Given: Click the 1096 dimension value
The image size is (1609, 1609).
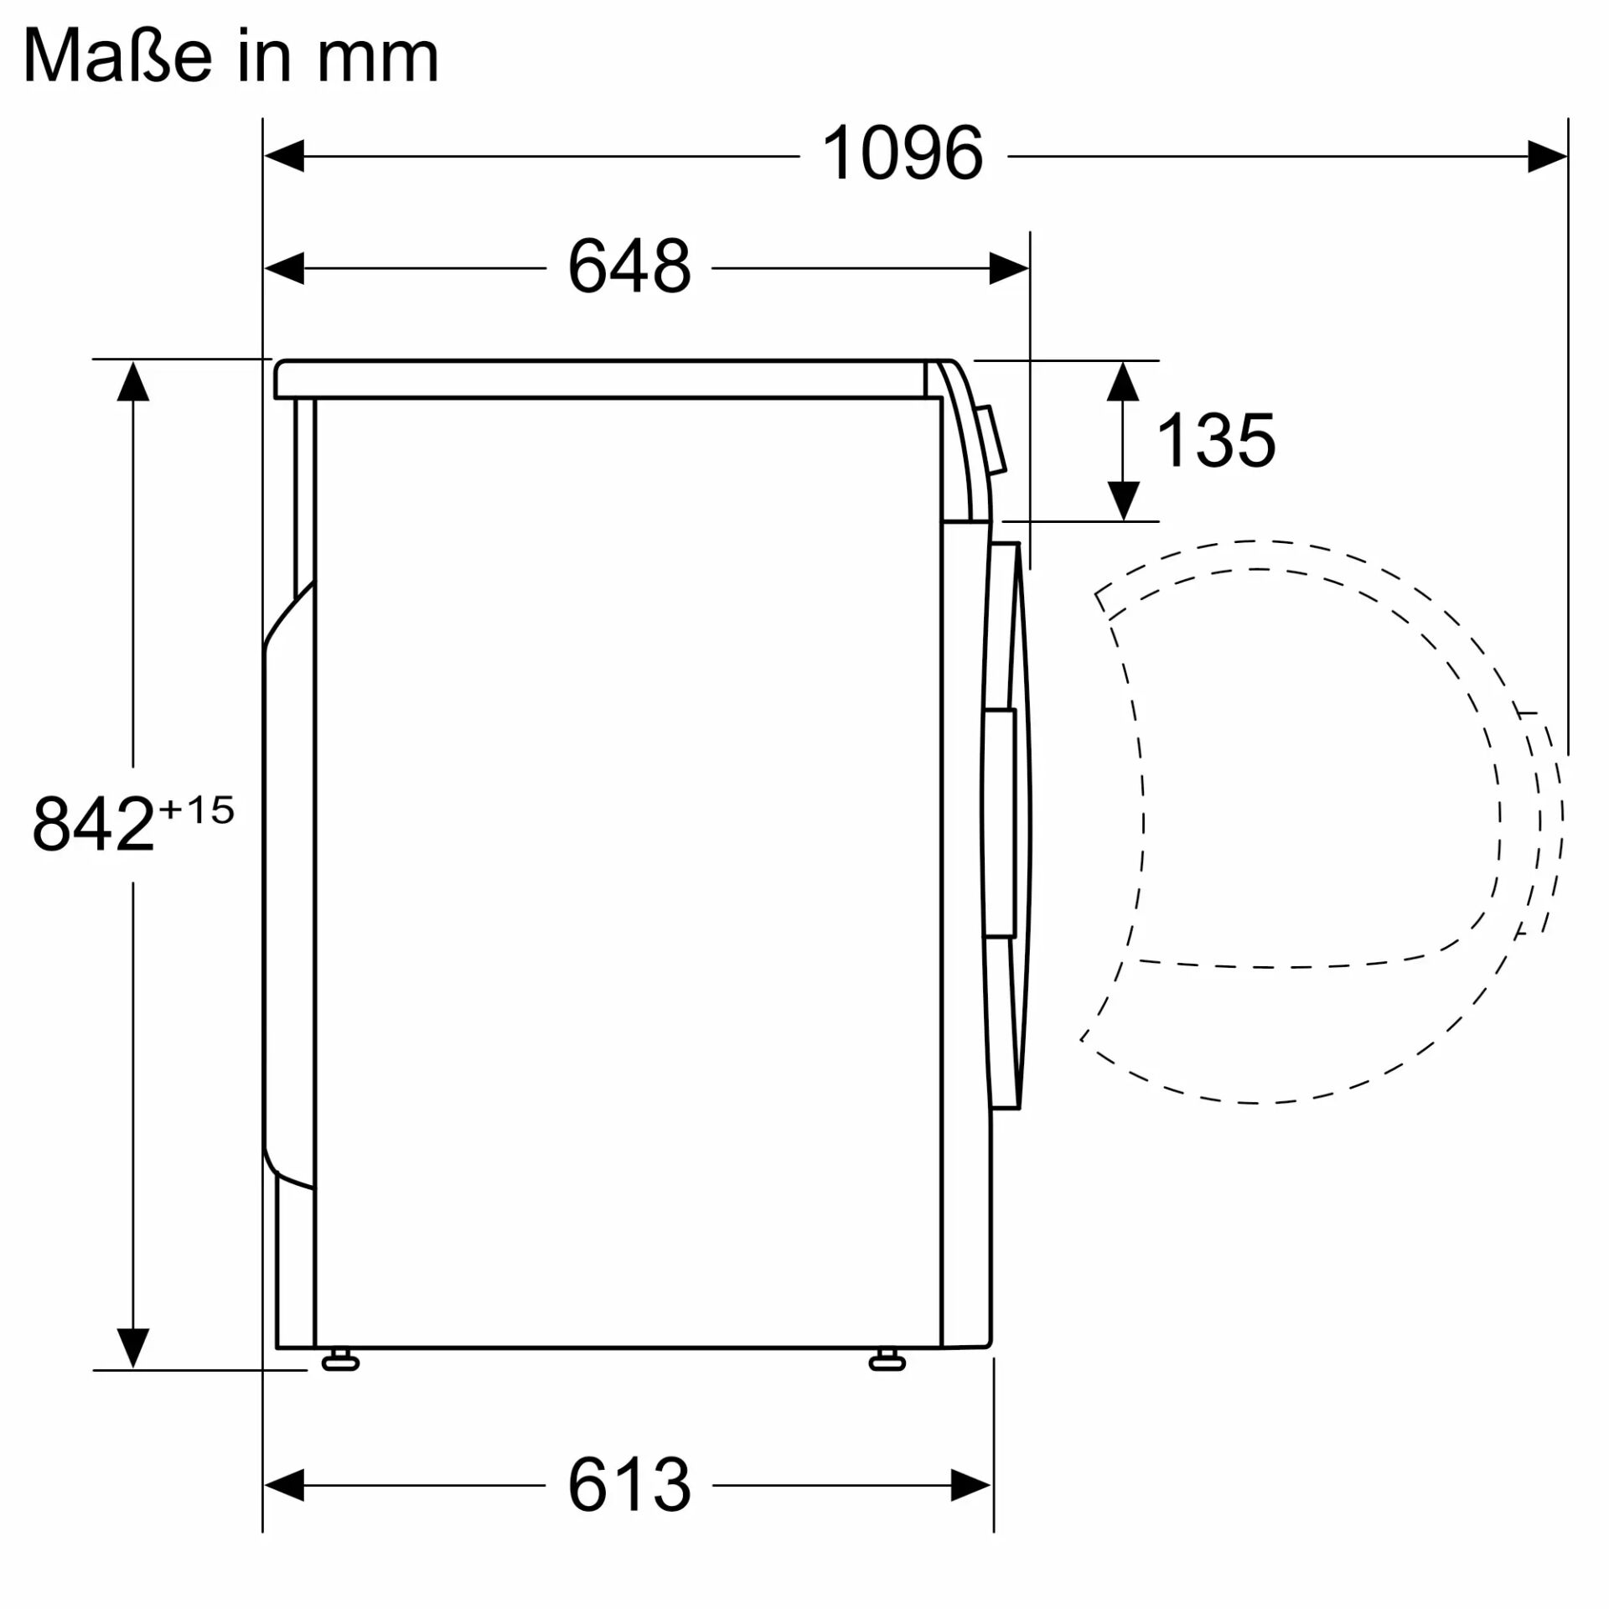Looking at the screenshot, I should pos(903,153).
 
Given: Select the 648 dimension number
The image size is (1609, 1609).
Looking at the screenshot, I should pos(629,266).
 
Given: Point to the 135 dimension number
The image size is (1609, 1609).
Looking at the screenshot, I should pos(1215,441).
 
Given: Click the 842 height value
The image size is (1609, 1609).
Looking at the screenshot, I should pos(93,825).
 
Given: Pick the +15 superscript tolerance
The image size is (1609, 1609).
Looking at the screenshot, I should pos(196,810).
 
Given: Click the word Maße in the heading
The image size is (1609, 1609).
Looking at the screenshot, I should pos(116,57).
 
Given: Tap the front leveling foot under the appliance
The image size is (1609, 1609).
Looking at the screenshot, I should pos(887,1361).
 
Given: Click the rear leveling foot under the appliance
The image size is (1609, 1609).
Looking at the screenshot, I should pos(340,1361).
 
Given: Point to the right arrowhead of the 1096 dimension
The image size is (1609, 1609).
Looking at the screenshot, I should pos(1546,157).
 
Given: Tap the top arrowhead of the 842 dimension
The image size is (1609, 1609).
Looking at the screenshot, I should pos(133,382).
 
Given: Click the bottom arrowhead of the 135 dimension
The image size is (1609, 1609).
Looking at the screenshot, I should pos(1123,500).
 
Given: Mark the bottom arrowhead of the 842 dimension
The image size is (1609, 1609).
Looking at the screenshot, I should pos(133,1347).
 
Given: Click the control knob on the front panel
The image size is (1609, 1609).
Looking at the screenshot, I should pos(993,441).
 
